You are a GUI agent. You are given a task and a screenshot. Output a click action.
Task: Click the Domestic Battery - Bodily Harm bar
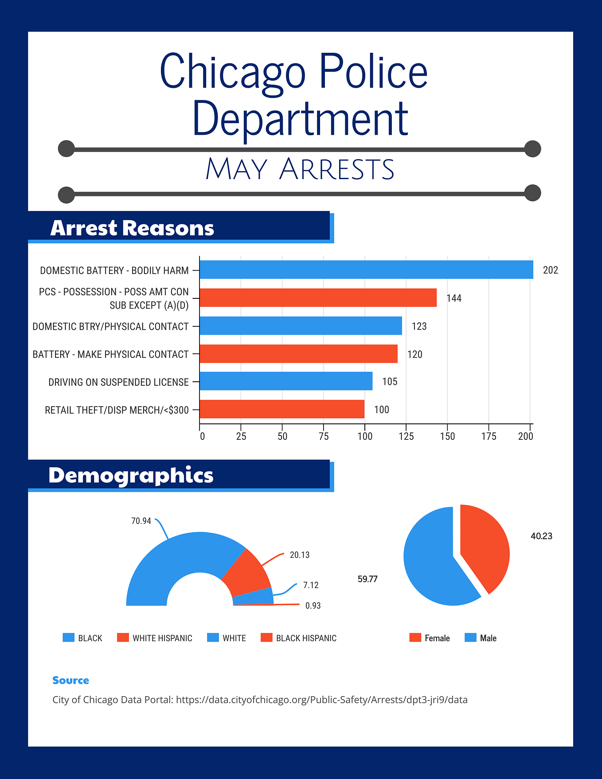(x=366, y=270)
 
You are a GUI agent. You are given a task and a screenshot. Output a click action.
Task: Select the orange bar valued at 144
(x=318, y=298)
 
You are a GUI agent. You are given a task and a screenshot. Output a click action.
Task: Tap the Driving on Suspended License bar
(x=286, y=381)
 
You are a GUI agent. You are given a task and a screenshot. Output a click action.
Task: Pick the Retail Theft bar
(x=282, y=409)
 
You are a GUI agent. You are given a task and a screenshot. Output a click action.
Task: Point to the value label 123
(x=419, y=326)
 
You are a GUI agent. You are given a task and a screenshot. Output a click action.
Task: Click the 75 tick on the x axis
(x=324, y=436)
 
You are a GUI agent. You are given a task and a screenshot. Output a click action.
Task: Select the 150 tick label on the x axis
(x=447, y=436)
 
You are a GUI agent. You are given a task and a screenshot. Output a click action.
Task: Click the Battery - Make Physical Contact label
(x=111, y=354)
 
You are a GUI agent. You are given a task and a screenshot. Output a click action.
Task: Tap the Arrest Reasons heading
(x=132, y=228)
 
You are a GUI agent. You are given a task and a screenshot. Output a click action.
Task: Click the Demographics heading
(x=131, y=475)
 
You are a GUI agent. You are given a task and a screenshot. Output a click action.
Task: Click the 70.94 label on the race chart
(x=141, y=521)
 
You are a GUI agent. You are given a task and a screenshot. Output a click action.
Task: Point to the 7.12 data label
(x=311, y=585)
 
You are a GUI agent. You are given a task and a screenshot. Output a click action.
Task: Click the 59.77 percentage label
(x=367, y=579)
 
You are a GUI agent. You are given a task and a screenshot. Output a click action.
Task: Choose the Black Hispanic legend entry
(x=298, y=638)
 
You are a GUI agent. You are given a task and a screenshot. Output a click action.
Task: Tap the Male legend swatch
(x=470, y=638)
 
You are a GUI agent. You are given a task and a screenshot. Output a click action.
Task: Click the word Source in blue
(x=70, y=680)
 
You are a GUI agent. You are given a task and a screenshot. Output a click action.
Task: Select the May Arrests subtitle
(x=300, y=169)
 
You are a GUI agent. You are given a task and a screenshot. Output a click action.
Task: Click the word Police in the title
(x=373, y=71)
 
